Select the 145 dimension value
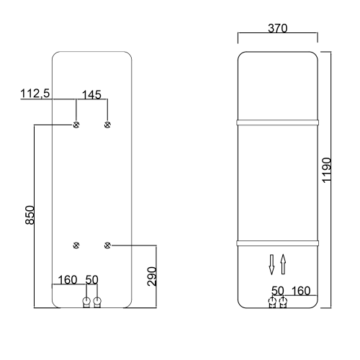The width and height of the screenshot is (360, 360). (x=91, y=94)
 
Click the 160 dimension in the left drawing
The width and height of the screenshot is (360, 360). (x=67, y=279)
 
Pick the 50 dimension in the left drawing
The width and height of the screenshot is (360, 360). (x=92, y=279)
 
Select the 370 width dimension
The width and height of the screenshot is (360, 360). (x=277, y=29)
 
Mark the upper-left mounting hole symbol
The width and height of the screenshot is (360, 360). (x=76, y=125)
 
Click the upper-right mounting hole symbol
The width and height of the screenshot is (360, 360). (x=107, y=125)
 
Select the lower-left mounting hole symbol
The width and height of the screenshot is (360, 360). (x=76, y=246)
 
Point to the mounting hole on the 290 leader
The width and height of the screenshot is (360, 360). (x=107, y=246)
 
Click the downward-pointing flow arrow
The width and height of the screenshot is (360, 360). (x=272, y=264)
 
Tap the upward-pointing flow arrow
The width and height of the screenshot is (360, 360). (x=283, y=264)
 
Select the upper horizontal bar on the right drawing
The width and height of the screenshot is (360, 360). (x=277, y=122)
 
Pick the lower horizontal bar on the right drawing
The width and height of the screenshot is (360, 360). (x=277, y=239)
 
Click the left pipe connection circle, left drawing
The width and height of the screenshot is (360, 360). (x=86, y=301)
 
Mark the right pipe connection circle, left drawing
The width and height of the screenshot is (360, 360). (x=98, y=301)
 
